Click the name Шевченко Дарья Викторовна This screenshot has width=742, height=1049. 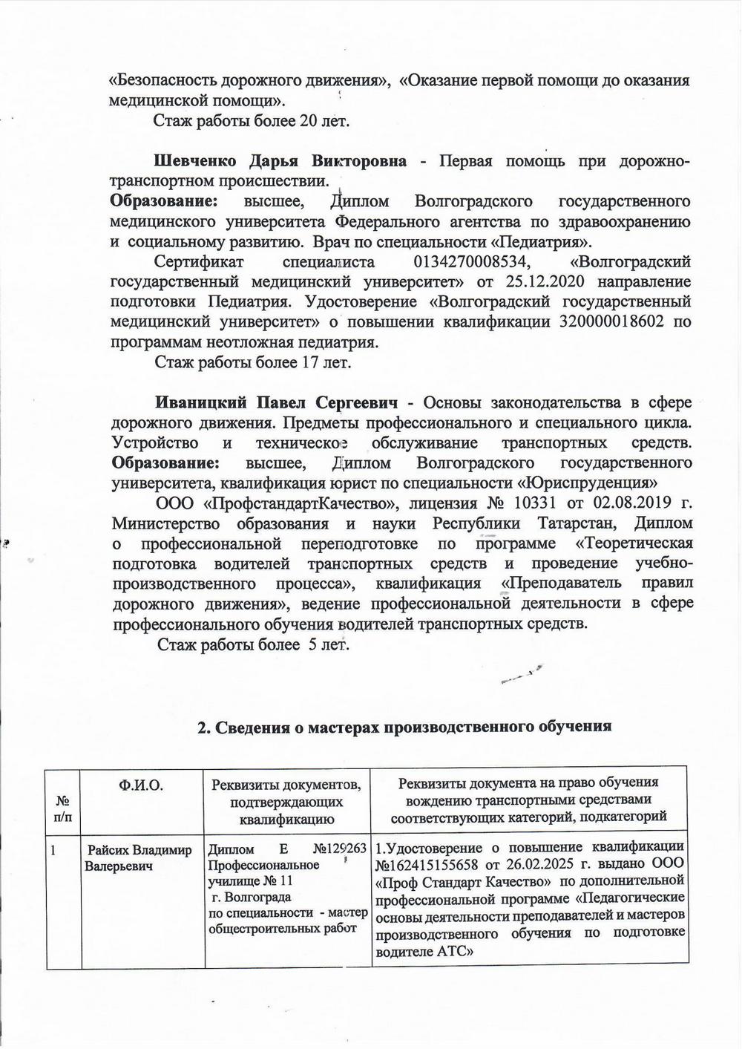[x=280, y=162]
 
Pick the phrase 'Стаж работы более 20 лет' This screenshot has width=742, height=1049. [x=251, y=121]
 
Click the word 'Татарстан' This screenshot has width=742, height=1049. [x=582, y=523]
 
